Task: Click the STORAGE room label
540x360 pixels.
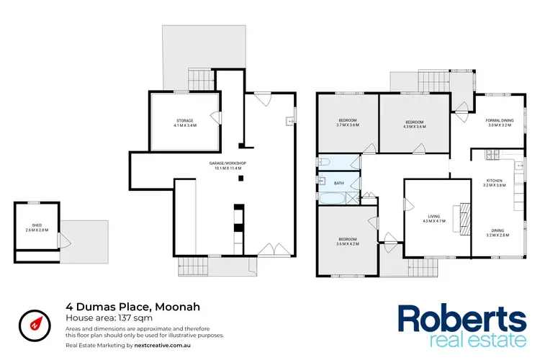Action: click(x=185, y=120)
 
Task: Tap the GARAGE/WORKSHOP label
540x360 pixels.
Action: click(x=228, y=163)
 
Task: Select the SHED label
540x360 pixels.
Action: click(x=36, y=225)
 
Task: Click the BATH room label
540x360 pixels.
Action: click(x=338, y=184)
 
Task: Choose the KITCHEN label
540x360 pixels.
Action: click(x=495, y=180)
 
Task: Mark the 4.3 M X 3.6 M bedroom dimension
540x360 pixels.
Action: click(x=415, y=127)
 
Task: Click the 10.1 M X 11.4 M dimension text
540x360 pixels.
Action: click(x=228, y=168)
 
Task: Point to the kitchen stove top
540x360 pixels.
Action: click(x=493, y=154)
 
